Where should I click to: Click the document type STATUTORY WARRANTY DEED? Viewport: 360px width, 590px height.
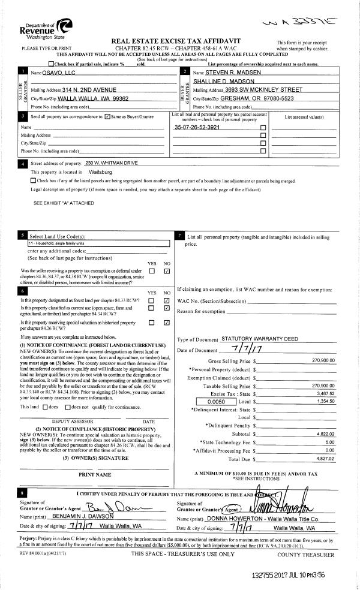pyautogui.click(x=259, y=339)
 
